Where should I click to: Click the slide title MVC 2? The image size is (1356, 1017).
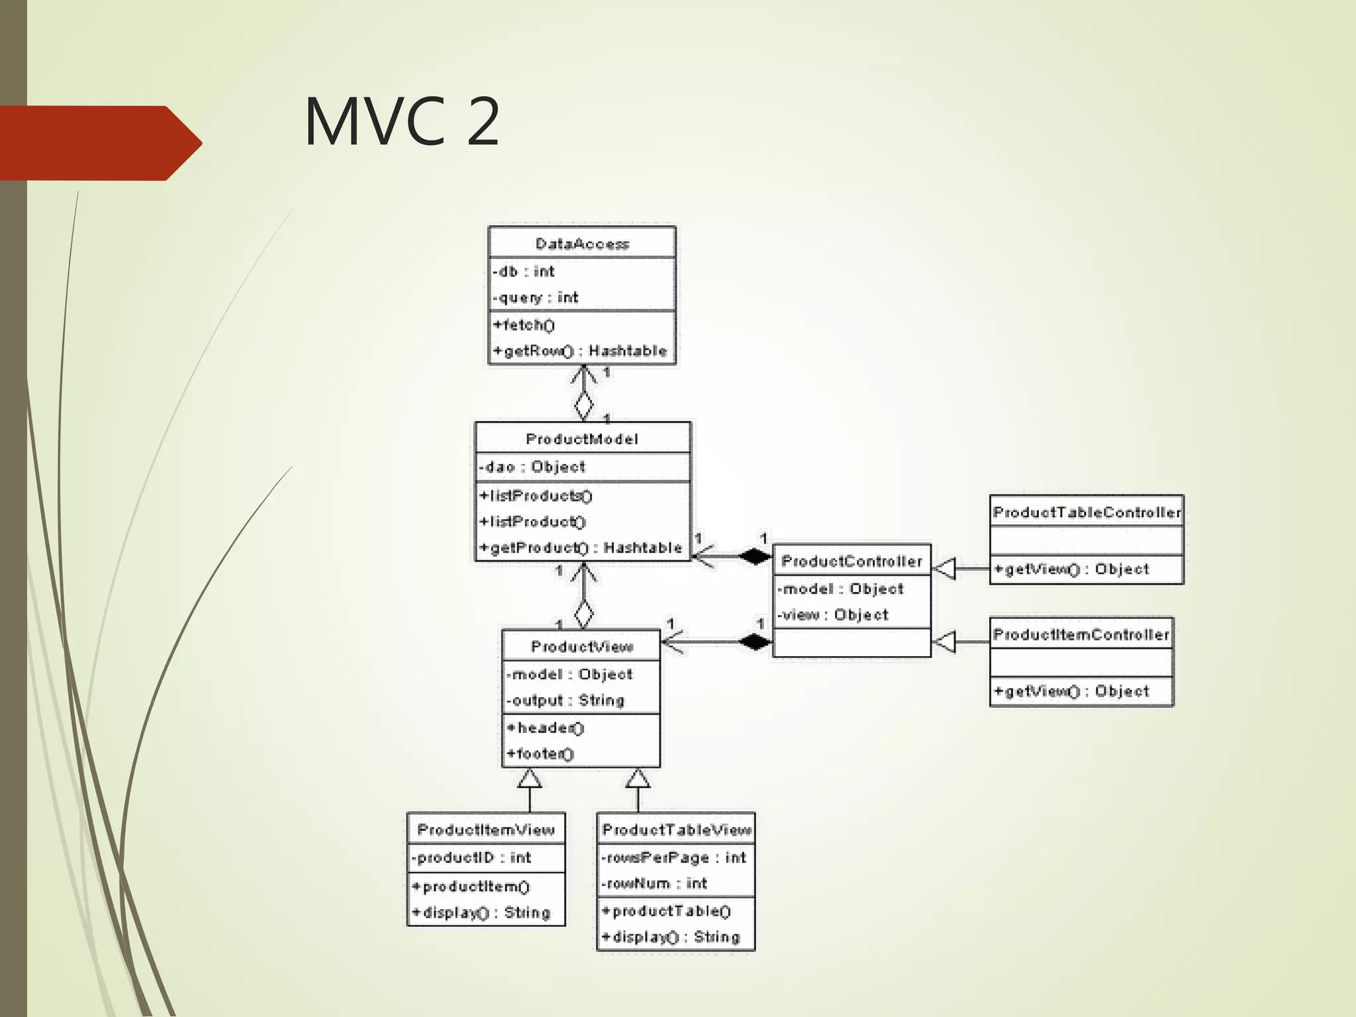[x=401, y=122]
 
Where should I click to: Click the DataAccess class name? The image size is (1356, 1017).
[x=582, y=244]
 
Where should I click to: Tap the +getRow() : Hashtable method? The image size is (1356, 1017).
[x=580, y=350]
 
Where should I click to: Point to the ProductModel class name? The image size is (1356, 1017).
[x=582, y=439]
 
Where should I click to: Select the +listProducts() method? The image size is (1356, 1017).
[x=536, y=495]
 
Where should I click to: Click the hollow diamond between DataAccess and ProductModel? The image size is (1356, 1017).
[x=583, y=404]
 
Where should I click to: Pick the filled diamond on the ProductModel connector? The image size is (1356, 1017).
[x=755, y=556]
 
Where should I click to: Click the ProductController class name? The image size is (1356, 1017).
[x=851, y=561]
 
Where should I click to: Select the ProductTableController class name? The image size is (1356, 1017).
[x=1087, y=512]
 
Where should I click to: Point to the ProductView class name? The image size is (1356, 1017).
[x=581, y=647]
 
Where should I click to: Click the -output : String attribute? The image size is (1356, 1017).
[x=565, y=700]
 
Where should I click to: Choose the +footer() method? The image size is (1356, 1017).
[x=541, y=753]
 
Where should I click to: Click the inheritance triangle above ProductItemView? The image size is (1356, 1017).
[x=530, y=779]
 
